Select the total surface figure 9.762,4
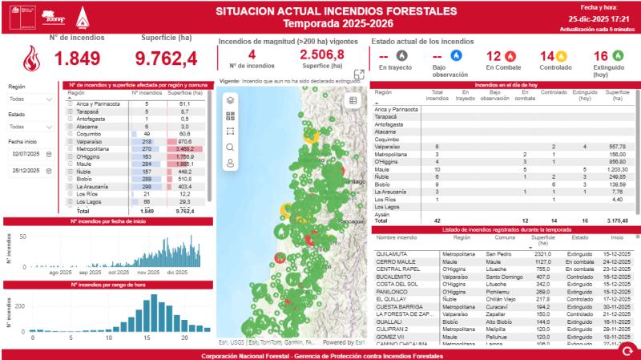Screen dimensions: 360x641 166,59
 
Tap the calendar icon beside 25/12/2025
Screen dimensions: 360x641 48,171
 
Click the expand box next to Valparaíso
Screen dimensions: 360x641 71,141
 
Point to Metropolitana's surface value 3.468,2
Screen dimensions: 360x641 188,149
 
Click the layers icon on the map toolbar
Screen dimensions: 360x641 231,101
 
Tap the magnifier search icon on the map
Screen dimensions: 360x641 231,147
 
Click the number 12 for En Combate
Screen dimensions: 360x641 494,57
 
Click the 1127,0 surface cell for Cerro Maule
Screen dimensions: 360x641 543,261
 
